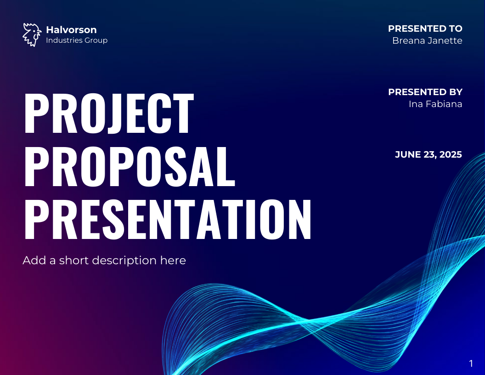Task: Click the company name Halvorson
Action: tap(71, 30)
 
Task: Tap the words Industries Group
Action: tap(77, 40)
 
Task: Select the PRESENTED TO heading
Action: tap(425, 28)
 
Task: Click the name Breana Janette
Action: tap(427, 40)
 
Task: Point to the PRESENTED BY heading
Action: tap(425, 92)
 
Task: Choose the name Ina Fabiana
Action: tap(435, 104)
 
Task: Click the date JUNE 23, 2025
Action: tap(429, 154)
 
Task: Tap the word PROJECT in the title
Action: tap(109, 114)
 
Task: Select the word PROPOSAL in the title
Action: tap(130, 167)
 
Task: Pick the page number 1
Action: tap(471, 364)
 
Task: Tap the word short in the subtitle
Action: tap(74, 261)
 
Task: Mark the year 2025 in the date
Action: tap(451, 154)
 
